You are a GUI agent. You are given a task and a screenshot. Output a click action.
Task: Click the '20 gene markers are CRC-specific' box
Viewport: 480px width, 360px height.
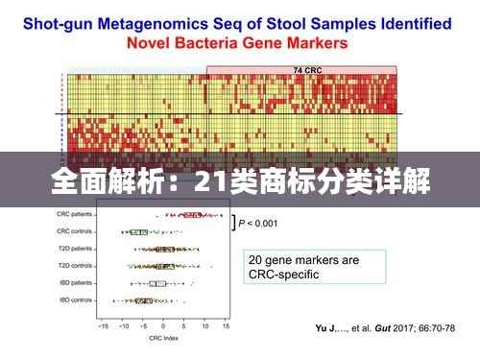(316, 267)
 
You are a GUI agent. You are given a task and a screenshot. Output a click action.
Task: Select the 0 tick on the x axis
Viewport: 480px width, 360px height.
(164, 326)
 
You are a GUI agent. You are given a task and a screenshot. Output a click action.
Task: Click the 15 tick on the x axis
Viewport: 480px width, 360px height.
(226, 326)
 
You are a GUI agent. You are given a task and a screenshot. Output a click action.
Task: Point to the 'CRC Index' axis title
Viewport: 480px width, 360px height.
(164, 339)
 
